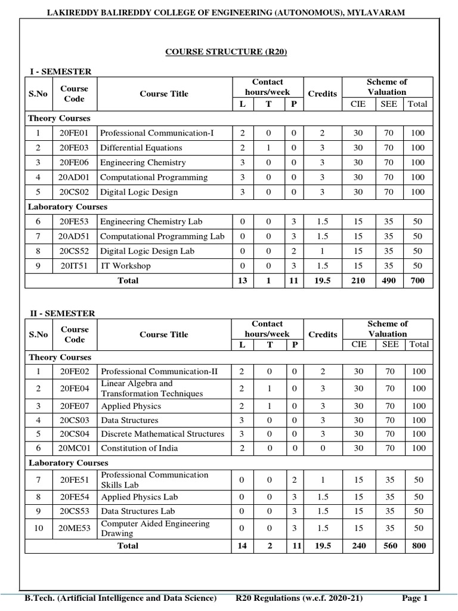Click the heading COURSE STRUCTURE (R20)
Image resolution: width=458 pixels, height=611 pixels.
click(x=226, y=52)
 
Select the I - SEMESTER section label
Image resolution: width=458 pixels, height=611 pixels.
click(x=61, y=72)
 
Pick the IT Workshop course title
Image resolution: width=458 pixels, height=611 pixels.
click(x=125, y=266)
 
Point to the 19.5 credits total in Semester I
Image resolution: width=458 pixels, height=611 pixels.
click(x=322, y=280)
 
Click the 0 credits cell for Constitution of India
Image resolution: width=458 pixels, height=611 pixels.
click(x=322, y=448)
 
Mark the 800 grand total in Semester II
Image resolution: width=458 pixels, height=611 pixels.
click(x=419, y=545)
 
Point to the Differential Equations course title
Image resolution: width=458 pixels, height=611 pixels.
click(x=141, y=147)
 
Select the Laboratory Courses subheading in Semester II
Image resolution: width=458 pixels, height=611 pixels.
click(x=69, y=462)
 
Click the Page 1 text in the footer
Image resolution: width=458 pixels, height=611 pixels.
click(x=415, y=598)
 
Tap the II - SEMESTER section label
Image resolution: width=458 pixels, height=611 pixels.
click(x=63, y=313)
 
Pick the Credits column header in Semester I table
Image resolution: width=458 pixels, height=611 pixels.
click(x=322, y=94)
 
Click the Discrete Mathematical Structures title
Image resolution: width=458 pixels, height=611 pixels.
click(x=163, y=434)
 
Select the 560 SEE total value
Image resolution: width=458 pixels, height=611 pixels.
click(x=389, y=545)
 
